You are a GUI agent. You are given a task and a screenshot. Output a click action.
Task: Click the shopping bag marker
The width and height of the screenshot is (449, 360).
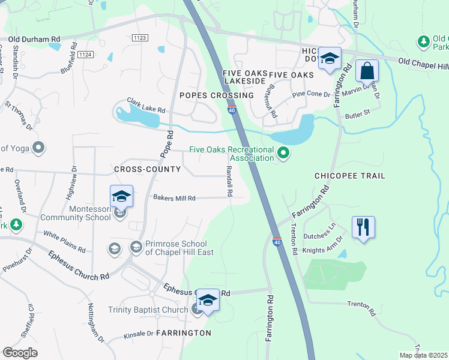[367, 71]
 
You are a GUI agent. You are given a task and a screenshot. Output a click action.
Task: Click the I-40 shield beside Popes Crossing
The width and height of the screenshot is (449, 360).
[232, 109]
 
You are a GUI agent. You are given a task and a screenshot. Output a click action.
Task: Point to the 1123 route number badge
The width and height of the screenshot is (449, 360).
[140, 38]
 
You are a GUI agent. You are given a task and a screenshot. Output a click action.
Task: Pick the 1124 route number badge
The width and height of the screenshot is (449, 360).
[85, 55]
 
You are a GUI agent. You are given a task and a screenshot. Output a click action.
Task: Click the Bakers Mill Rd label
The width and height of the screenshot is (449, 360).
[174, 197]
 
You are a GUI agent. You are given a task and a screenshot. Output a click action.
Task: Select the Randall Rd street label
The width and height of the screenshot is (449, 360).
[229, 182]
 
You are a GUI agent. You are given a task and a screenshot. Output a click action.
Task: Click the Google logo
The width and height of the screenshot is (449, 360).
[20, 352]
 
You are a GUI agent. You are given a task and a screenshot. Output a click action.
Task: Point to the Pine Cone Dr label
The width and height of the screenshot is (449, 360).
[311, 94]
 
